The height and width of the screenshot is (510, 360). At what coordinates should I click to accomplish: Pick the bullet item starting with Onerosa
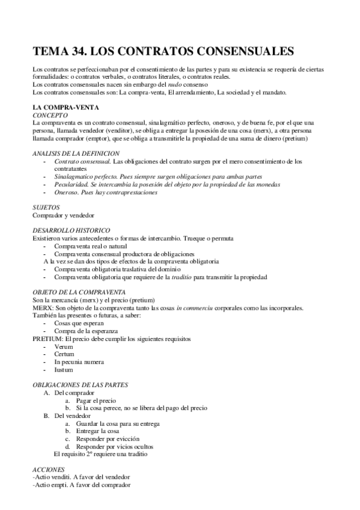click(x=106, y=192)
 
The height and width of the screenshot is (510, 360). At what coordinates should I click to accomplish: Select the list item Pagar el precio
click(x=96, y=401)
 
